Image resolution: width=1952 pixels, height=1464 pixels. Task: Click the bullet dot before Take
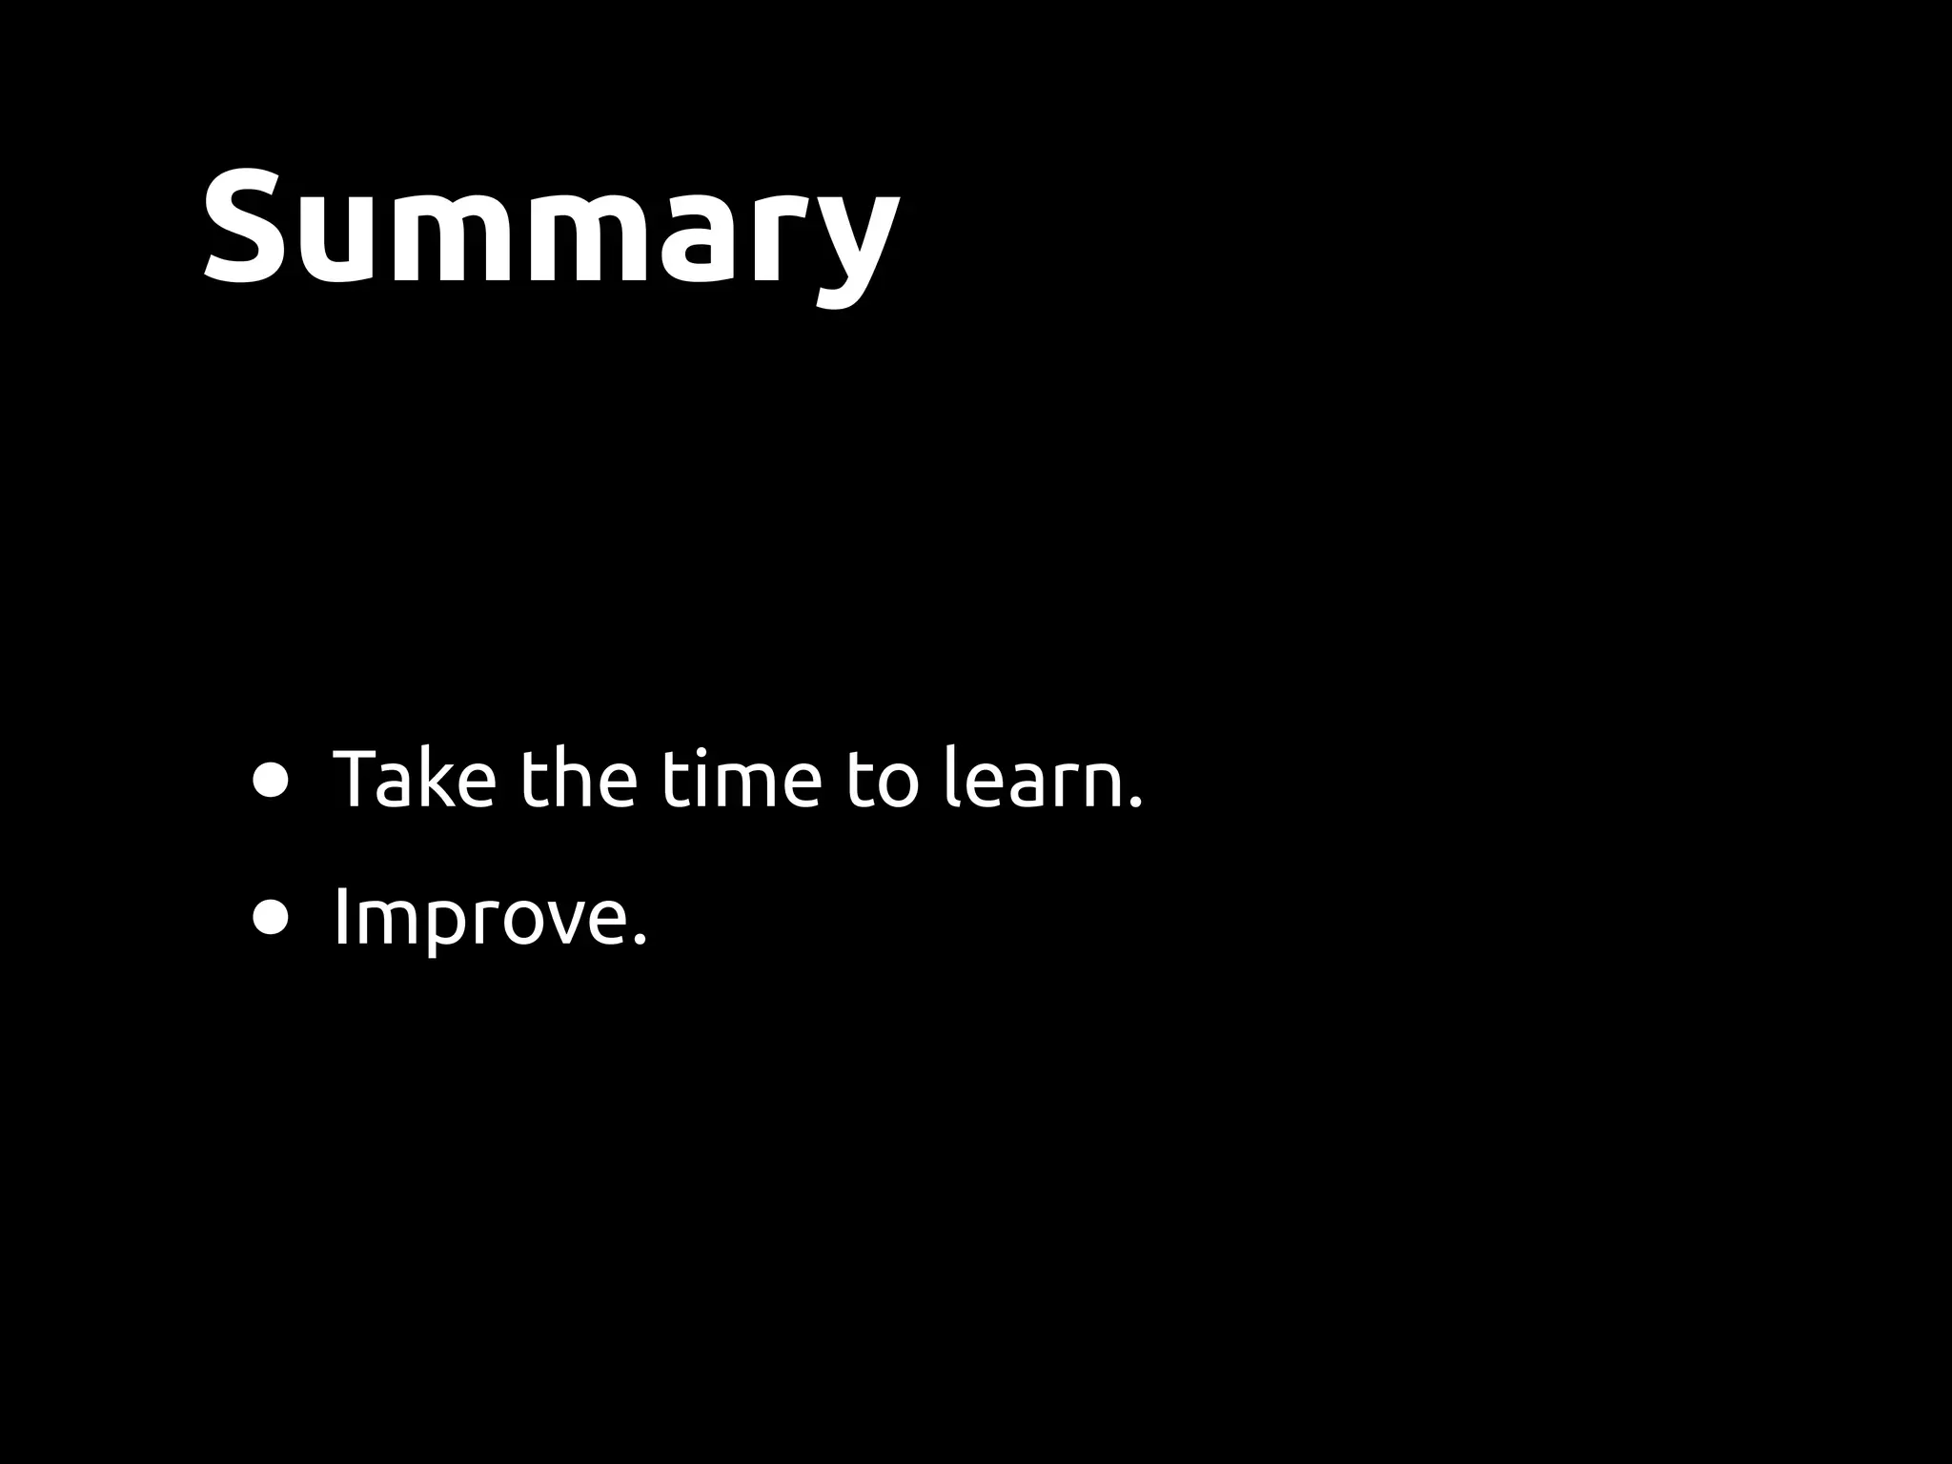point(271,781)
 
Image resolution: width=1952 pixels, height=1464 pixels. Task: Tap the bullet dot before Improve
point(271,918)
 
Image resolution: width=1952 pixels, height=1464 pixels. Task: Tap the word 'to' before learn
point(882,782)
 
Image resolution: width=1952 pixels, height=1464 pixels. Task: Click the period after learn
point(1134,803)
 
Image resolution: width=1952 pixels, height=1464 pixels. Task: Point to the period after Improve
point(640,940)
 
